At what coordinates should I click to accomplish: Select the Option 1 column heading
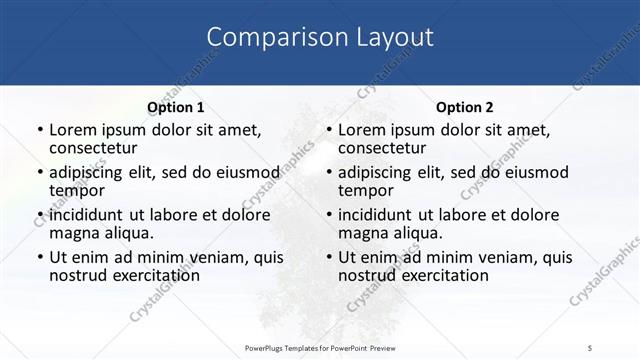click(175, 107)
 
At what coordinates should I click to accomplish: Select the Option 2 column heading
click(465, 107)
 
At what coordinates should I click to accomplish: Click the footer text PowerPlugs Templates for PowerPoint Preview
click(320, 347)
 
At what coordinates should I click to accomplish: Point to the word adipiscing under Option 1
click(94, 172)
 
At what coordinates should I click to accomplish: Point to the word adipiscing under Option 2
click(383, 172)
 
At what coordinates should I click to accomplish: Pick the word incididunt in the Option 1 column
click(93, 214)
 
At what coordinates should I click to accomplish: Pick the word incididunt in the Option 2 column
click(382, 214)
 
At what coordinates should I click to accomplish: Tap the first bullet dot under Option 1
click(39, 130)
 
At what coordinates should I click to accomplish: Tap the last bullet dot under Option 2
click(328, 257)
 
